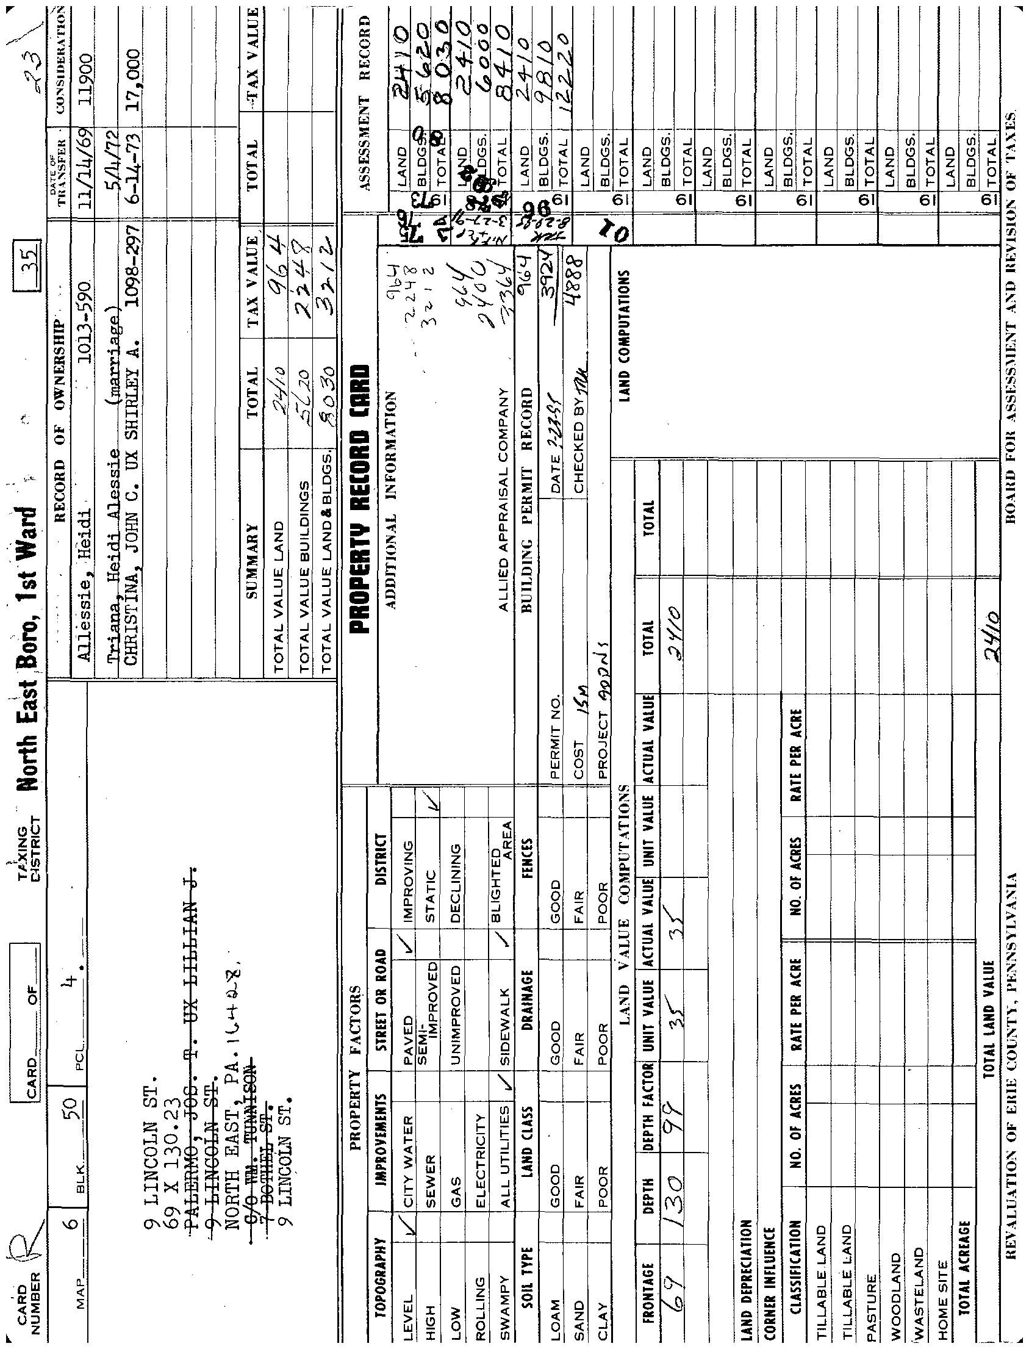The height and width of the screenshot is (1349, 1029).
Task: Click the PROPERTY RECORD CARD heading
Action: tap(360, 499)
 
